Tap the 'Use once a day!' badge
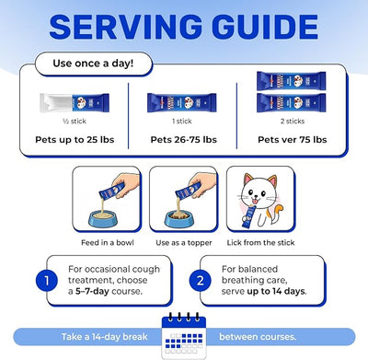93,64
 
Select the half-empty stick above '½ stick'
75,103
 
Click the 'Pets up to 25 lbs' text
75,140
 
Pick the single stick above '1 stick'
182,102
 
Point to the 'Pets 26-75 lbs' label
184,140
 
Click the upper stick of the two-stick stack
292,81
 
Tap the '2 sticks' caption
293,122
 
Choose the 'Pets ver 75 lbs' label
293,140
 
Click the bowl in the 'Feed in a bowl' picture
103,218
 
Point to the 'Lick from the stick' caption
260,243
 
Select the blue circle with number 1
47,281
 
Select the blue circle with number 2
201,281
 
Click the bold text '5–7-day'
92,291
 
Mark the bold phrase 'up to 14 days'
276,291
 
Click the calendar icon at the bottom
184,336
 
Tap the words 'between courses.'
258,337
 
